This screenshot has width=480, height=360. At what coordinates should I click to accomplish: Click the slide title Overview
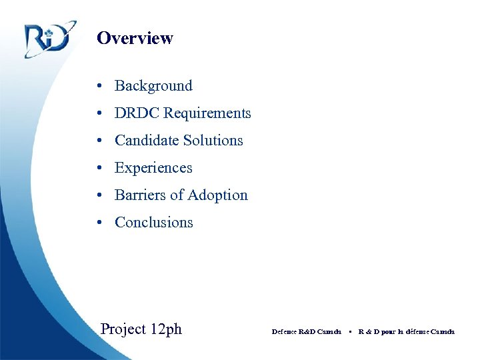click(x=135, y=38)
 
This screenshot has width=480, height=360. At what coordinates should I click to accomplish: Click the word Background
click(x=153, y=86)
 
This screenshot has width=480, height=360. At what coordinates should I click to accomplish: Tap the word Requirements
click(x=207, y=113)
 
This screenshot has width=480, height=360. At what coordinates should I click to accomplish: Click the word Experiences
click(x=153, y=168)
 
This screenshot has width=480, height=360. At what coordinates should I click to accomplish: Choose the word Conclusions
click(x=154, y=223)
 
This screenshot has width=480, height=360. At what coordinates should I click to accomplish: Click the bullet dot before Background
click(x=98, y=86)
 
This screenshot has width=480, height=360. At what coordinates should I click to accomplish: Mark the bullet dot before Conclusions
click(x=98, y=223)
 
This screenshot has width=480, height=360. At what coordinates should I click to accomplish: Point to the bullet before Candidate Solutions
click(x=98, y=141)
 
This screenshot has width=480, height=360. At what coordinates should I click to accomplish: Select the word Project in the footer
click(x=123, y=329)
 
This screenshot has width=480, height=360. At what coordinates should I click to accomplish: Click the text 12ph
click(x=165, y=329)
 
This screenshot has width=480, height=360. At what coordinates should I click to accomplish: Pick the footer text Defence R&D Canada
click(x=306, y=331)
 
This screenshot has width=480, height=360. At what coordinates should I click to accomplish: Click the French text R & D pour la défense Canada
click(x=406, y=331)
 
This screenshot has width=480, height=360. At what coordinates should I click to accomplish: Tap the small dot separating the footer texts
click(x=350, y=331)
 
